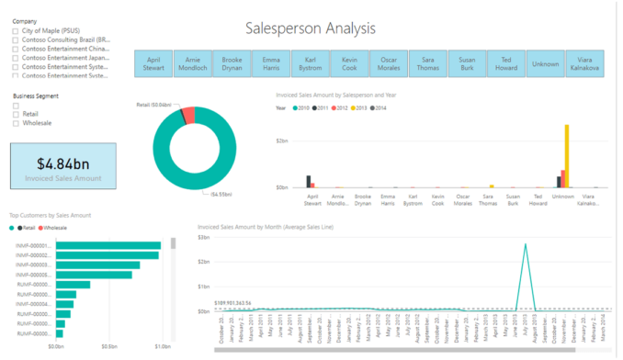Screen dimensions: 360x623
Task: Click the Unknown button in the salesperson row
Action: [545, 62]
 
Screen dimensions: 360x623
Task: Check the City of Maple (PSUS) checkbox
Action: [16, 31]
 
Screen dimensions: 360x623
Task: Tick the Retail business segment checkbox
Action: [16, 114]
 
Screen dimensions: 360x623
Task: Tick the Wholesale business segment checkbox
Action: [16, 122]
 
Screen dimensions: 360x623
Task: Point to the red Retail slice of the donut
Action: [187, 115]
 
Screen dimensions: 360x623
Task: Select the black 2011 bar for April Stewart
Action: [309, 181]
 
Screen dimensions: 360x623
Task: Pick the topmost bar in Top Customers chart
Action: [108, 245]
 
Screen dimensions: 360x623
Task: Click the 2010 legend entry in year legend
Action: [301, 107]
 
